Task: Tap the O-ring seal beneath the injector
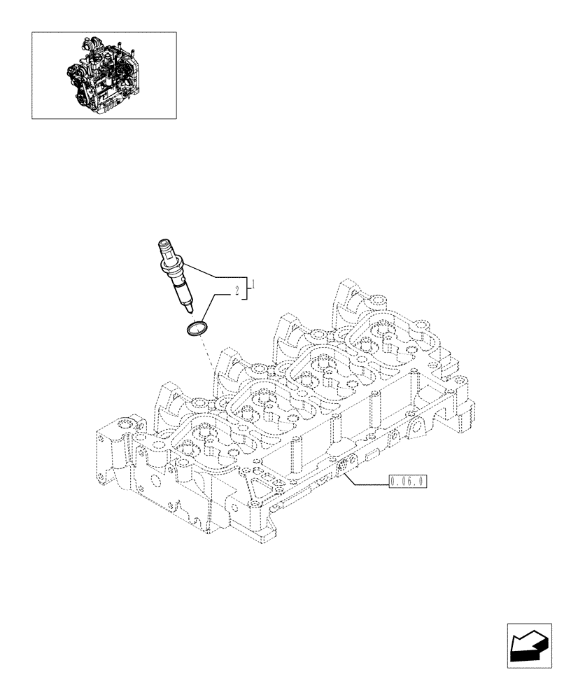pyautogui.click(x=198, y=328)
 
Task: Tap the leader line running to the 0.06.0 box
pyautogui.click(x=367, y=482)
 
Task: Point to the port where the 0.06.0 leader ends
pyautogui.click(x=344, y=465)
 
